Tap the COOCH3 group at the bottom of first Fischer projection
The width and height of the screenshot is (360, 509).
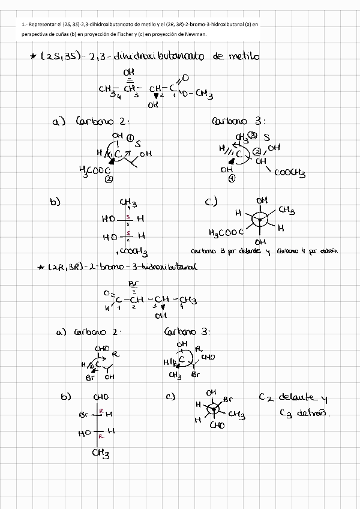[134, 252]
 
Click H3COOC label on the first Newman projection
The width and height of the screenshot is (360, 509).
[226, 232]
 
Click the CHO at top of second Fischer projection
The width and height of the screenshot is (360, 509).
[101, 397]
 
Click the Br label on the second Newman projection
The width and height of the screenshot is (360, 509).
[228, 399]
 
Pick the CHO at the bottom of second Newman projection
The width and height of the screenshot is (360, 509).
[217, 425]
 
